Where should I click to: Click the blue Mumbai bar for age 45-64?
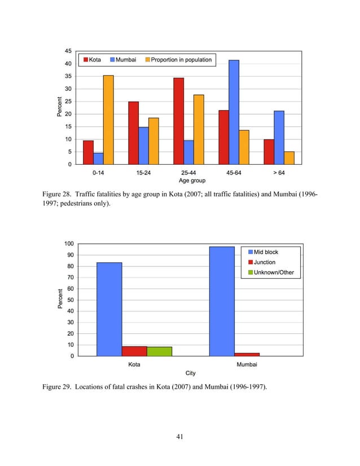point(234,112)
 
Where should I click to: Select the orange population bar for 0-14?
point(108,120)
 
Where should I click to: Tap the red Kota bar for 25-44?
point(178,121)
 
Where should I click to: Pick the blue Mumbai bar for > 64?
point(279,138)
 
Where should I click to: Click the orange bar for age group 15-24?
point(153,141)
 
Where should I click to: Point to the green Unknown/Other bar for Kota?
point(159,351)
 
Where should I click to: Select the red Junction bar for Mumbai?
point(247,354)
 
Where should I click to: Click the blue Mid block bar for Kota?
point(109,309)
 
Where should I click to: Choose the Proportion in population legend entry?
point(178,60)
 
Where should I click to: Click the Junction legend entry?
point(262,262)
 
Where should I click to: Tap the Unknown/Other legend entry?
point(271,272)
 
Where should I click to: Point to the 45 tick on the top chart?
point(68,51)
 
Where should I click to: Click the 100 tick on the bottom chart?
point(69,244)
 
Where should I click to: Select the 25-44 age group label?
point(188,173)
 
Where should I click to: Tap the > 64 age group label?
point(279,173)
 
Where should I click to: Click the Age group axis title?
point(192,181)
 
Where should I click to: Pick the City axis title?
point(191,373)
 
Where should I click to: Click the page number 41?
point(179,437)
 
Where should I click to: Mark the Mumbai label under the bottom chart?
point(247,364)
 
